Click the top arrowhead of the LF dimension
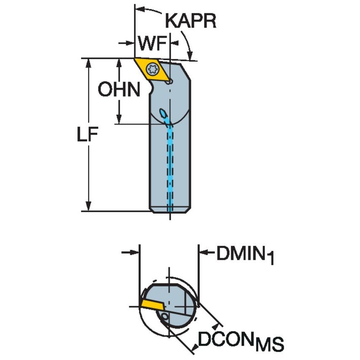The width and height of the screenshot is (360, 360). [89, 63]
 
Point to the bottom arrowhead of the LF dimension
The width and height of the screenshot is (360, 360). [89, 207]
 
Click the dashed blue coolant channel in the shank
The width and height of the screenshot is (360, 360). [170, 169]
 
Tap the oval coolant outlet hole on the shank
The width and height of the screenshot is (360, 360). [162, 113]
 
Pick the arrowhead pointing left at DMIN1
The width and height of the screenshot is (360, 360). [203, 253]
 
